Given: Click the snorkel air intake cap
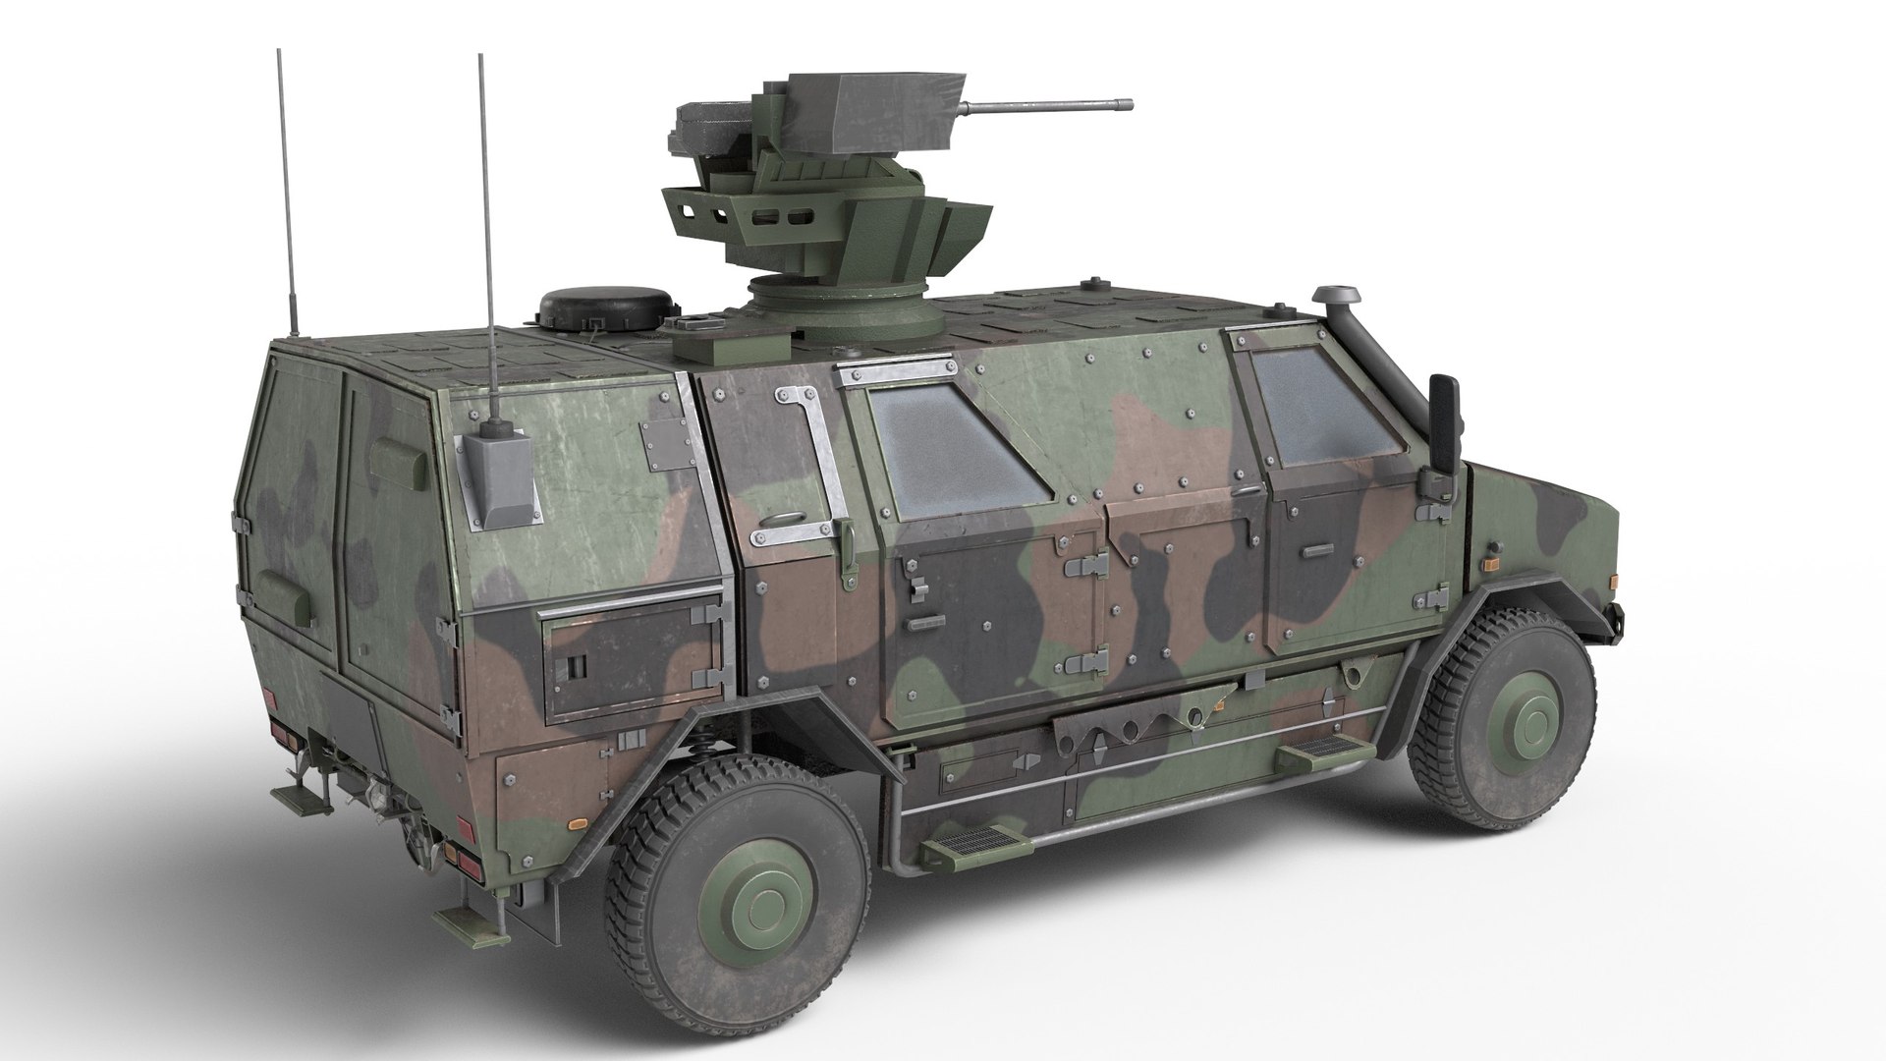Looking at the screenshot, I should [x=1335, y=295].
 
